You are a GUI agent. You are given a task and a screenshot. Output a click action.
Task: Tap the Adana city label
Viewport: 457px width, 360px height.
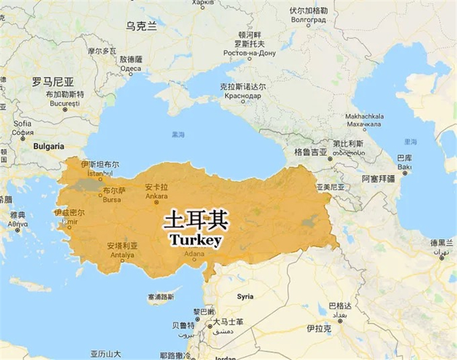click(195, 254)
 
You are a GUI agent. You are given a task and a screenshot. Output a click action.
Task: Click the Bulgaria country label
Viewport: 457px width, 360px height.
click(49, 146)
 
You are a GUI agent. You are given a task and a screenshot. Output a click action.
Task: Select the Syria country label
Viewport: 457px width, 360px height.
click(245, 297)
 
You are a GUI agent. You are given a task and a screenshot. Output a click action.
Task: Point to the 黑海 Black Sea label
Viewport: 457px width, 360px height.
click(178, 135)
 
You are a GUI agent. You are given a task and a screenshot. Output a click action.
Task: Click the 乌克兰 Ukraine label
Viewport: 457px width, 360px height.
click(141, 26)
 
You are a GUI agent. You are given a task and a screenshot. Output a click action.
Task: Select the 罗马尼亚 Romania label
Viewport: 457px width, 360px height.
click(53, 81)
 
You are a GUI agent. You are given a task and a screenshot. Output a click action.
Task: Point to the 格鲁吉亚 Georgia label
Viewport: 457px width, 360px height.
click(311, 151)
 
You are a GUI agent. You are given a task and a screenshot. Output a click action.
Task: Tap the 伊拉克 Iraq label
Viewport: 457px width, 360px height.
click(319, 328)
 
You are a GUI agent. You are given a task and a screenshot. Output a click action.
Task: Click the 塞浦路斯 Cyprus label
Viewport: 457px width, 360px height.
click(160, 297)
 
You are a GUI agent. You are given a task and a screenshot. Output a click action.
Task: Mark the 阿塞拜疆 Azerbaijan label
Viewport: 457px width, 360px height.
click(378, 179)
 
